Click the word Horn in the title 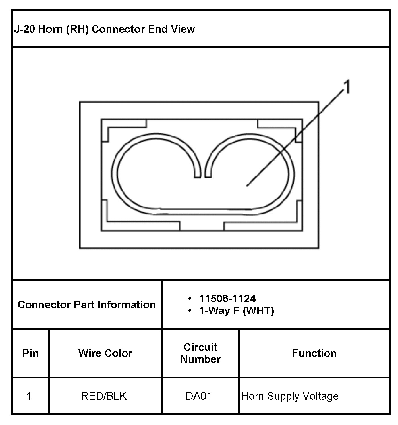tap(50, 29)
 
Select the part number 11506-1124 tap(227, 299)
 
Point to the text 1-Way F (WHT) tap(236, 311)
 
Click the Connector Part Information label tap(87, 305)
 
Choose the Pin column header tap(30, 353)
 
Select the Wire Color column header tap(105, 353)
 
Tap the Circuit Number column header tap(200, 353)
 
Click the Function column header tap(314, 353)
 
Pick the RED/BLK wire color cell tap(104, 396)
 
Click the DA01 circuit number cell tap(199, 396)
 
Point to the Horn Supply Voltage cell tap(290, 396)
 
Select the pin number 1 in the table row tap(29, 396)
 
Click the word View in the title tap(183, 29)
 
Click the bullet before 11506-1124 tap(190, 299)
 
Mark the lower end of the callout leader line tap(247, 186)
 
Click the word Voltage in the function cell tap(320, 396)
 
